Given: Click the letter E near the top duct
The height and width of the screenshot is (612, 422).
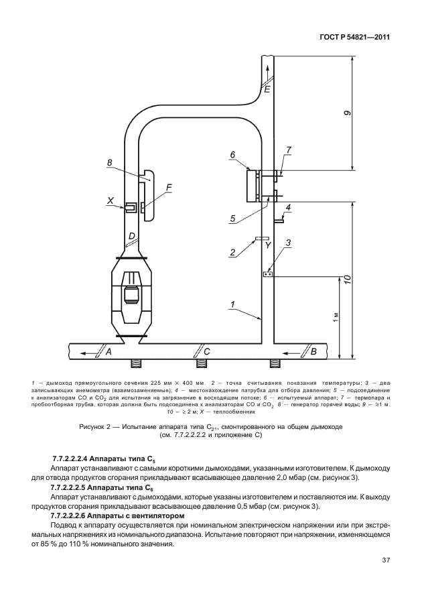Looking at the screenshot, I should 268,88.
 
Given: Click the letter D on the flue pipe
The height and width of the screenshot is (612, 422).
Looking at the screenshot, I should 133,236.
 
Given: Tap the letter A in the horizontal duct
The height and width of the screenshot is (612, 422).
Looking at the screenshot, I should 109,351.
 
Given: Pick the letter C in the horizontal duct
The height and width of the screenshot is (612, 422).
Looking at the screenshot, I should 207,351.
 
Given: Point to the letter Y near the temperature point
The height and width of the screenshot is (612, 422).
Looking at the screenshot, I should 267,246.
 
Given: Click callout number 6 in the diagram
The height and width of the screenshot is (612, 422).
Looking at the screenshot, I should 232,155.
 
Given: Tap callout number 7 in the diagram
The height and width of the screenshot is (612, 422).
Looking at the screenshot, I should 289,149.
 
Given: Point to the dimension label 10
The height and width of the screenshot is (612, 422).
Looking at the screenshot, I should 348,280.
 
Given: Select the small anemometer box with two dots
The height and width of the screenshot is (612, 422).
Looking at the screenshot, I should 268,274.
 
